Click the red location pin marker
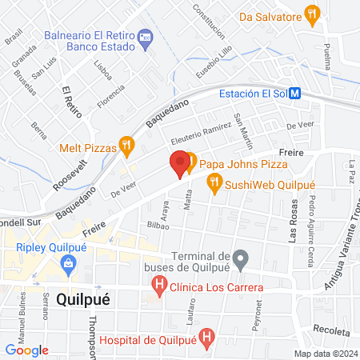tap(180, 163)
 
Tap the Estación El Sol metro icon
tap(296, 93)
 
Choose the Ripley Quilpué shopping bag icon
tap(68, 262)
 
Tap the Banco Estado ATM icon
tap(145, 37)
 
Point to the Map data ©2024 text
tap(325, 354)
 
